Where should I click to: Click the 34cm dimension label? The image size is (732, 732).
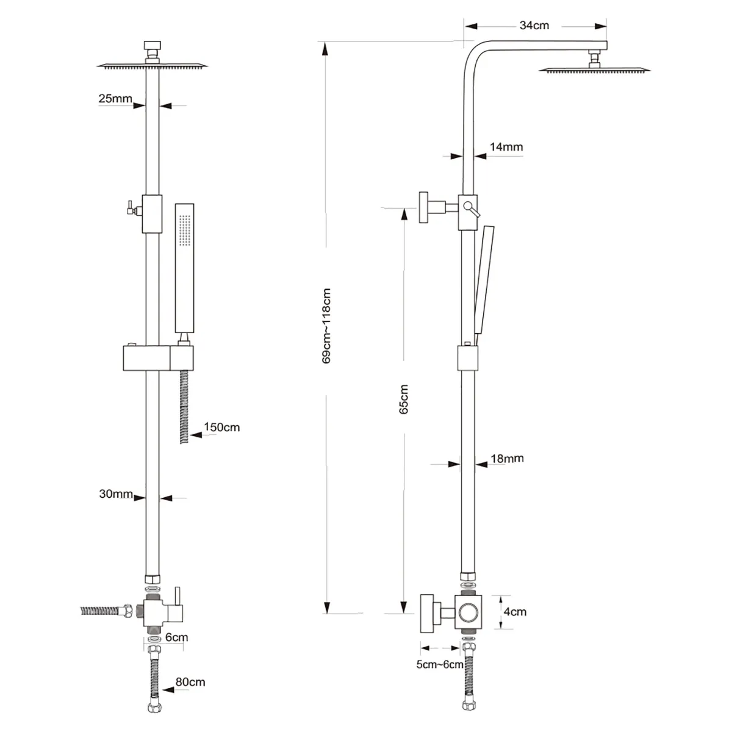[x=534, y=26]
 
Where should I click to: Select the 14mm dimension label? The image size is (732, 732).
[x=506, y=147]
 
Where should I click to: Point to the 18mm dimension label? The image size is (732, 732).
[x=507, y=458]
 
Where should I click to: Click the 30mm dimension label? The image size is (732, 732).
[x=116, y=494]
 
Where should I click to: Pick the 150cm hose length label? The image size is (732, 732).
[x=221, y=427]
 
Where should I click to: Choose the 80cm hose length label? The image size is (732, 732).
[x=190, y=682]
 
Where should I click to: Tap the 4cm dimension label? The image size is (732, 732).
[x=515, y=612]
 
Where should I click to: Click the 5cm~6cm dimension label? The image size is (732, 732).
[x=440, y=664]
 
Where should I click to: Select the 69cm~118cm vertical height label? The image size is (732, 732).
[x=326, y=326]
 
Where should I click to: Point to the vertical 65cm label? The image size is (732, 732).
[x=404, y=400]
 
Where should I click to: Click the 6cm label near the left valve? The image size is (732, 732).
[x=176, y=637]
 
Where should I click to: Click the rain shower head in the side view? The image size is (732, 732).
[x=594, y=69]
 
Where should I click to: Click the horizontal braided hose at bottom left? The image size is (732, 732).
[x=104, y=611]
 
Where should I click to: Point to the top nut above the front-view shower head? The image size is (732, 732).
[x=151, y=46]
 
